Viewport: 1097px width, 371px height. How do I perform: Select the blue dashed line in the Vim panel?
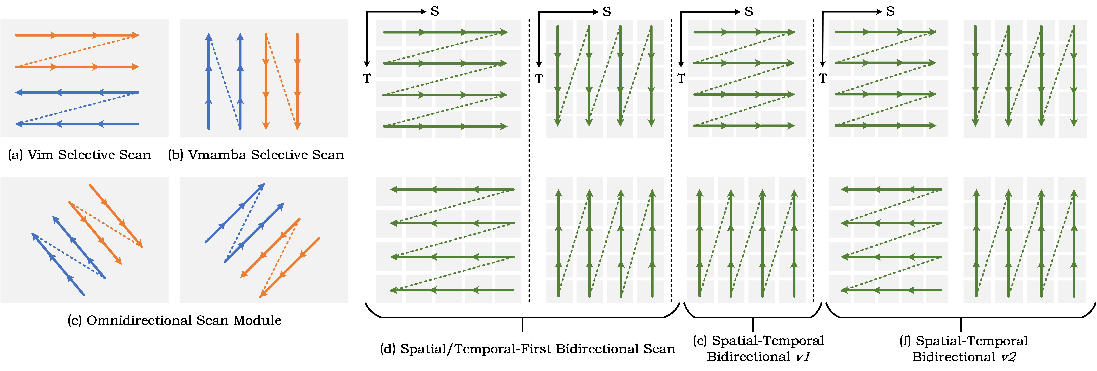pos(77,108)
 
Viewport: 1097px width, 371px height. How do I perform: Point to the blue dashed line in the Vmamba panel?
pos(224,81)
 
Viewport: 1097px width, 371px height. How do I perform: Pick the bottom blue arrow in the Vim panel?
pos(77,124)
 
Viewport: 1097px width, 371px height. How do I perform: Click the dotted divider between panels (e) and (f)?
pos(813,162)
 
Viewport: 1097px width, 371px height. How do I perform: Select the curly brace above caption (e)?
pos(753,317)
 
